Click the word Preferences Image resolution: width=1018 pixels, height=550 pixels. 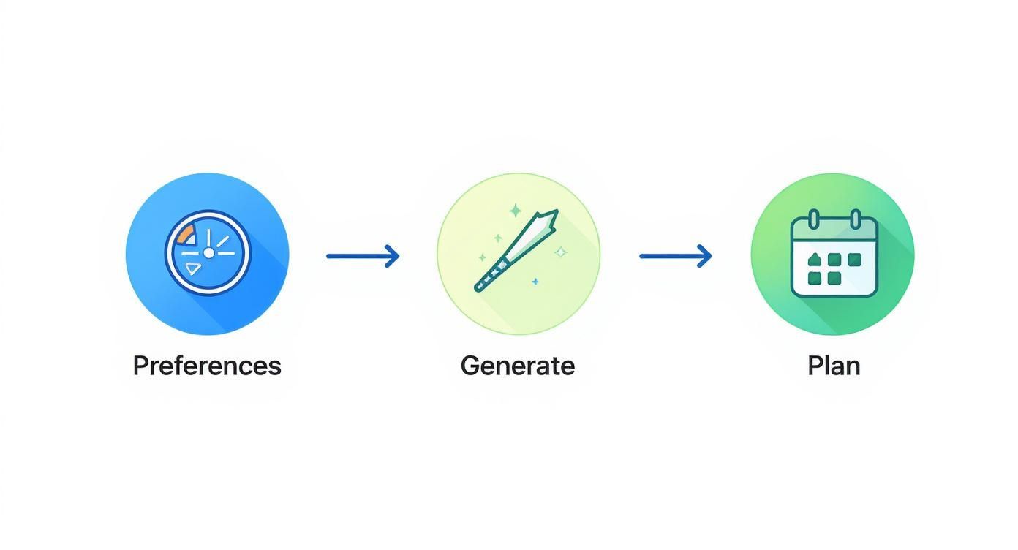207,366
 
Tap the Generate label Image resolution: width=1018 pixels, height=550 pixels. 518,366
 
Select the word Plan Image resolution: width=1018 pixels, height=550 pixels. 834,366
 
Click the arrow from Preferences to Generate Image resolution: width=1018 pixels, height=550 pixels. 363,257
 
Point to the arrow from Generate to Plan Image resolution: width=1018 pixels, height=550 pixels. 675,257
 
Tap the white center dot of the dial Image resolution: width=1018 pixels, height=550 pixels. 208,253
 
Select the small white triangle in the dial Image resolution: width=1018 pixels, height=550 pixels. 192,268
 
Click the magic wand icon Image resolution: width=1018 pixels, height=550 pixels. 516,251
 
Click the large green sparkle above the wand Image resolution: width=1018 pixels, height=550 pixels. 516,211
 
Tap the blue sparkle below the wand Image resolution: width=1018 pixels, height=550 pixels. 535,282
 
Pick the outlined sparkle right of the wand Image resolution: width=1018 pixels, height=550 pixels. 561,252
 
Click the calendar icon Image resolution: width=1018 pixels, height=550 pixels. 834,254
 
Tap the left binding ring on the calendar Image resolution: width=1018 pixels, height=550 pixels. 813,219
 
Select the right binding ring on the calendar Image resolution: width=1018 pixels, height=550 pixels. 856,219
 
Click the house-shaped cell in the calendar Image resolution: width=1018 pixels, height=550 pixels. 813,260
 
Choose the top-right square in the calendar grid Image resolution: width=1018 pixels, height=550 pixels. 854,260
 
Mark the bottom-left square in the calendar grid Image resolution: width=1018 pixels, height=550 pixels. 813,278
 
